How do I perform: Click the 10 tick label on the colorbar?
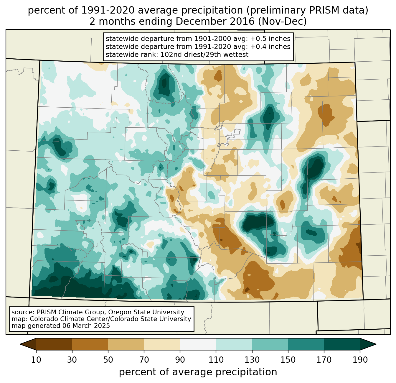pyautogui.click(x=36, y=360)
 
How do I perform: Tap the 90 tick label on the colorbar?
pyautogui.click(x=180, y=360)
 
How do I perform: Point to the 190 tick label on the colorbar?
pyautogui.click(x=360, y=360)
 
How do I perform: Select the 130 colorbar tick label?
pyautogui.click(x=252, y=360)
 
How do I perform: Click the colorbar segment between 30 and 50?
pyautogui.click(x=90, y=344)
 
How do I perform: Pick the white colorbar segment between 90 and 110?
pyautogui.click(x=198, y=344)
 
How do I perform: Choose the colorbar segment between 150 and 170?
pyautogui.click(x=306, y=344)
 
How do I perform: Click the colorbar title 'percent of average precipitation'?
pyautogui.click(x=198, y=372)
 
